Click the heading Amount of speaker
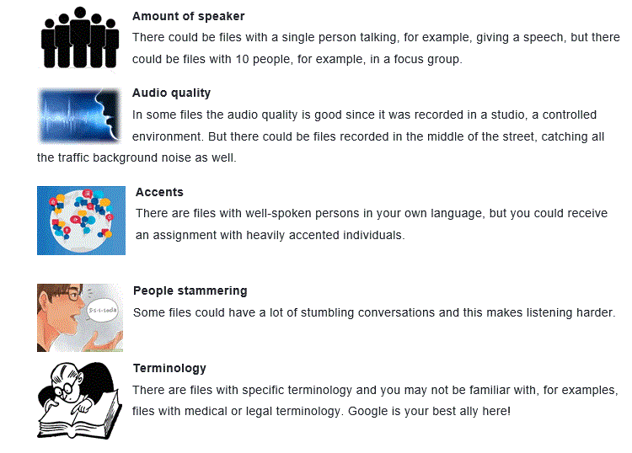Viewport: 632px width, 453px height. point(188,16)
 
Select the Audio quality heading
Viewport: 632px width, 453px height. point(171,93)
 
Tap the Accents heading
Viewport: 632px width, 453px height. point(159,192)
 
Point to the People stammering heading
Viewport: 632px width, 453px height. point(190,290)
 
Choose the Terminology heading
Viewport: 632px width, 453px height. point(169,368)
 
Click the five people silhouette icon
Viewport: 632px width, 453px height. point(80,37)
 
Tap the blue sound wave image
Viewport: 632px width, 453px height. point(79,116)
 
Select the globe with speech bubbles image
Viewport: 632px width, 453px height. point(81,221)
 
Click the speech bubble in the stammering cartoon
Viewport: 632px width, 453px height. point(103,310)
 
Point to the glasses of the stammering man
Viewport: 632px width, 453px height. point(68,296)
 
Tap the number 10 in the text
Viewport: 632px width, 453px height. point(242,59)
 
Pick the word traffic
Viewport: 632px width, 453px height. point(73,157)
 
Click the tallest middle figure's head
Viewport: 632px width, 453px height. point(80,13)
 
